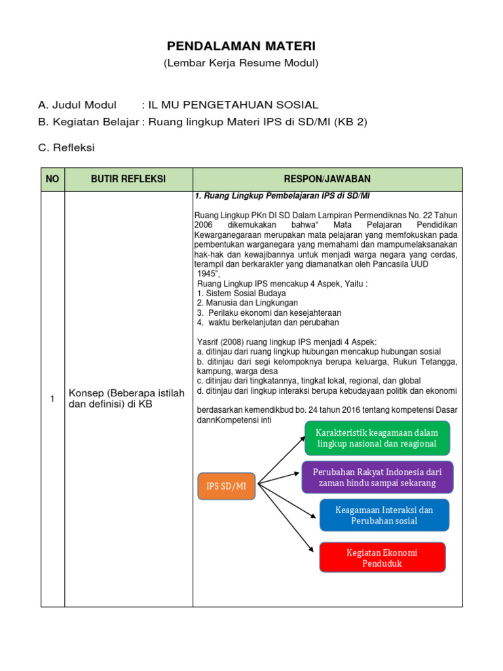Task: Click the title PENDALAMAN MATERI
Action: [x=240, y=47]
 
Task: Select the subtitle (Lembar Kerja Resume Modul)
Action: [x=240, y=64]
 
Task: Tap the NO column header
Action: [x=52, y=179]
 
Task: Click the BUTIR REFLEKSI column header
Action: [x=128, y=179]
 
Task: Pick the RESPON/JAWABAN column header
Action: [x=327, y=179]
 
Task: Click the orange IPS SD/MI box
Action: [x=226, y=486]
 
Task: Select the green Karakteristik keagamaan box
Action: [x=377, y=438]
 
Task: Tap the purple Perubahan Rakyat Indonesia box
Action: [x=377, y=477]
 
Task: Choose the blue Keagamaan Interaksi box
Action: [x=384, y=515]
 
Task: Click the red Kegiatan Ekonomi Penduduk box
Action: [x=382, y=558]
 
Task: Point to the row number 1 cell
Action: [x=52, y=399]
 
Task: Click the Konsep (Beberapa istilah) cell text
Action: [x=127, y=398]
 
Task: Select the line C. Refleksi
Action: [x=67, y=148]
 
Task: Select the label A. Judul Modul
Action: [x=77, y=105]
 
